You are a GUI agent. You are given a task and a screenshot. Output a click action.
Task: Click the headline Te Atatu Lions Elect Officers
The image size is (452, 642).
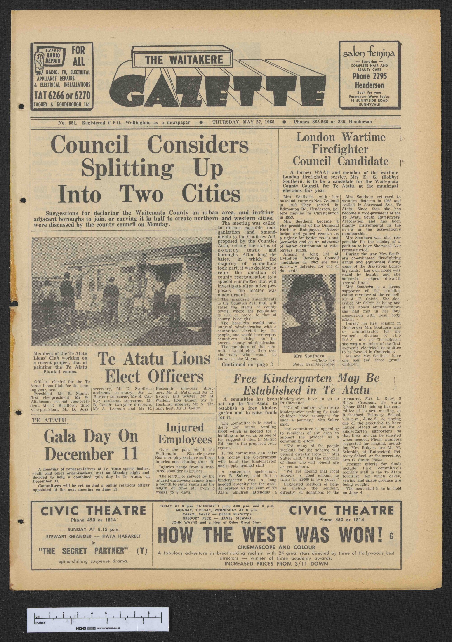click(x=154, y=368)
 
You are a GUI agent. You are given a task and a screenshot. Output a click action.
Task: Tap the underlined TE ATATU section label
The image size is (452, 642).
click(x=49, y=420)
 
